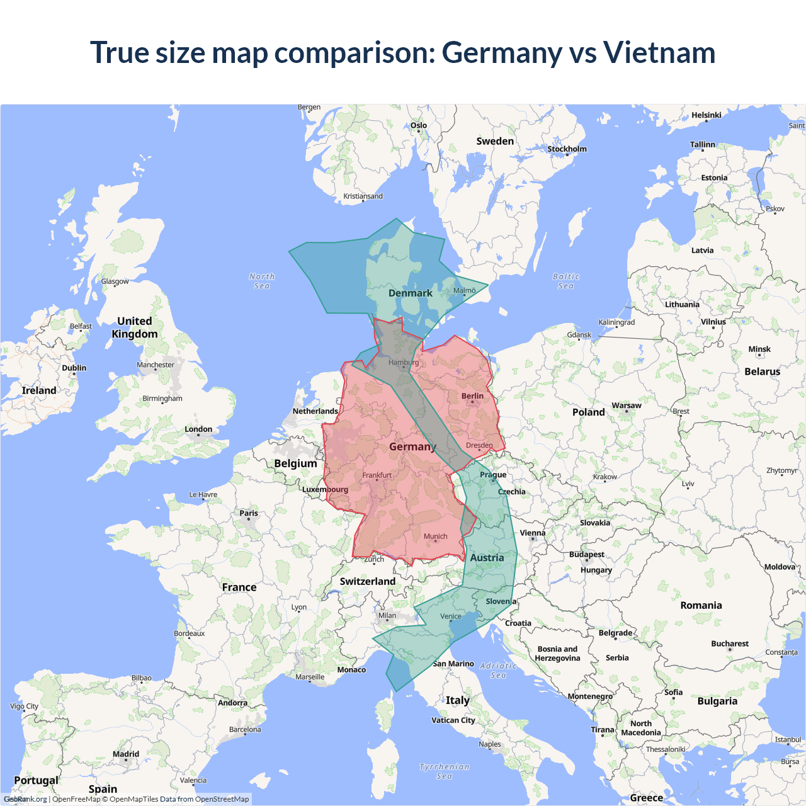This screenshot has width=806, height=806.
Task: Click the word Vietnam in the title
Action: click(659, 52)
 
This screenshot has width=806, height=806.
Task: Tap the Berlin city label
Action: click(472, 396)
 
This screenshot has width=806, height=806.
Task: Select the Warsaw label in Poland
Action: click(626, 406)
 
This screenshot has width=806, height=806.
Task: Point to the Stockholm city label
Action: click(567, 149)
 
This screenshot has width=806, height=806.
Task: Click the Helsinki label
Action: click(706, 115)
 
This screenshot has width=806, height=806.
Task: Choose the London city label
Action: click(198, 429)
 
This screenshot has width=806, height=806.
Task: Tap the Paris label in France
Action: click(249, 513)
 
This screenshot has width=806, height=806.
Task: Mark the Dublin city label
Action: click(74, 368)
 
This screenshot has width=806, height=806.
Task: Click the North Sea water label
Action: click(262, 281)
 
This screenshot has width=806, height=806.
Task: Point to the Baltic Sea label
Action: click(566, 281)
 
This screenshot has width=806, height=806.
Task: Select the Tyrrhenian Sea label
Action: click(445, 771)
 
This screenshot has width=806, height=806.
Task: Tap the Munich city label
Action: click(435, 536)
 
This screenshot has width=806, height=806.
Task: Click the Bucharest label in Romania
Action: click(730, 644)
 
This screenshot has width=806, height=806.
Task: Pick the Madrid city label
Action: click(126, 754)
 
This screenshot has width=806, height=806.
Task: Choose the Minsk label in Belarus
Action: click(759, 349)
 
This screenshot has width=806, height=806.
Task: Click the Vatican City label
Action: click(453, 720)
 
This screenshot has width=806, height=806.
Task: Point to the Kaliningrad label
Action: click(616, 322)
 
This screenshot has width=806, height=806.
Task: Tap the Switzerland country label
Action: click(368, 581)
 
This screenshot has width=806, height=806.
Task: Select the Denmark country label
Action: click(411, 293)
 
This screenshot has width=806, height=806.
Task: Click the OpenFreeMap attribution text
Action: click(76, 799)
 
